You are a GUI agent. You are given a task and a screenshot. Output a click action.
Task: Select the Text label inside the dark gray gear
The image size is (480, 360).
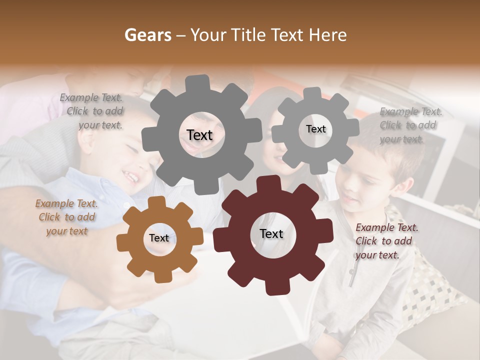coord(199,135)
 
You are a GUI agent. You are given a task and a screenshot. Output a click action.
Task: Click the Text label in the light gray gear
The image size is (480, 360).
coord(315,129)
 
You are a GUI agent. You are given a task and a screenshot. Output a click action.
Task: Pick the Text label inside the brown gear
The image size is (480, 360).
coord(158,238)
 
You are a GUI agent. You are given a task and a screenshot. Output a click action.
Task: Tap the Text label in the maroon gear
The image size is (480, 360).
coord(271,233)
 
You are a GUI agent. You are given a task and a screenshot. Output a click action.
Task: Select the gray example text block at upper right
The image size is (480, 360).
coord(410,125)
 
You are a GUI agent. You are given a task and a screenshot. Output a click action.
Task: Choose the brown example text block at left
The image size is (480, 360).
coord(66,217)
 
